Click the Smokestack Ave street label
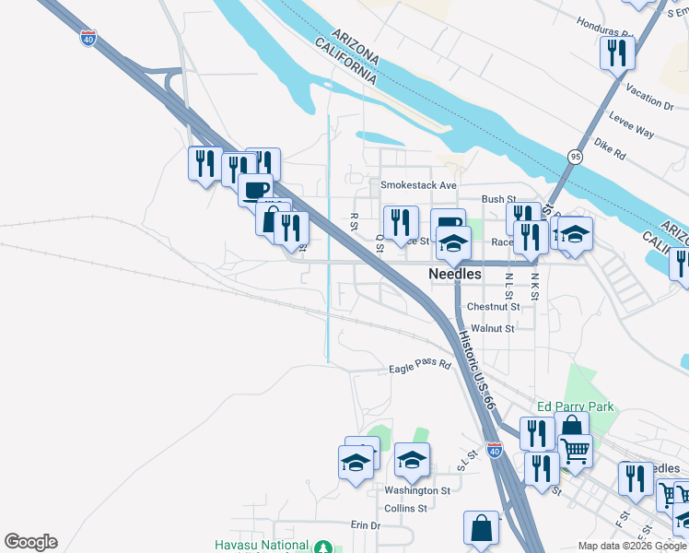coord(419,184)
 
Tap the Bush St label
coord(497,199)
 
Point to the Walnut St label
coord(492,327)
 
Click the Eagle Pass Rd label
coord(419,366)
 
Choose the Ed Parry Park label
coord(576,406)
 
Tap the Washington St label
coord(417,491)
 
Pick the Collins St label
coord(406,508)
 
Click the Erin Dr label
coord(365,525)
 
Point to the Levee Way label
coord(632,125)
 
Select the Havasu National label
coord(262,545)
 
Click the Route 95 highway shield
coord(575,157)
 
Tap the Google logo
coord(30,542)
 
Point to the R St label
coord(353,222)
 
